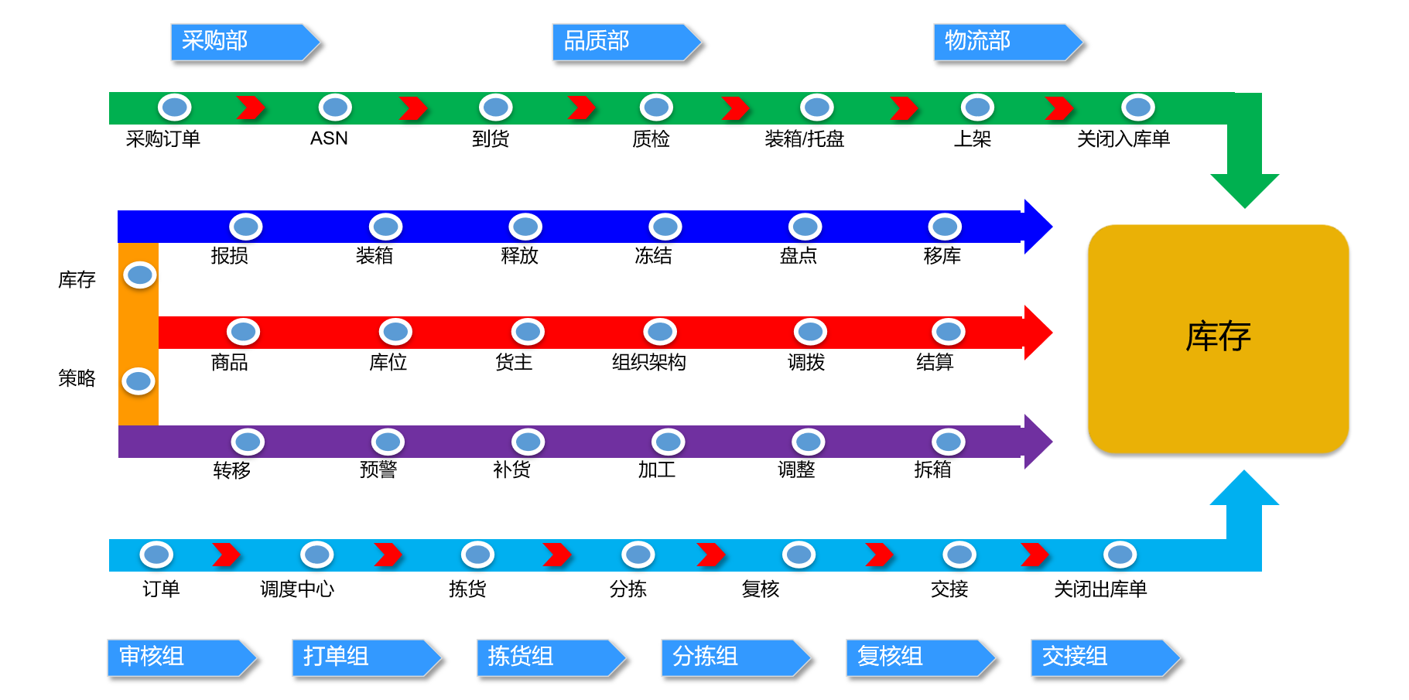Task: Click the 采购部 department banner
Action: pos(244,42)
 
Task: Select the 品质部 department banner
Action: pos(625,42)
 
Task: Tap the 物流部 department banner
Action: pos(1007,42)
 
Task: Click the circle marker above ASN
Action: pos(335,107)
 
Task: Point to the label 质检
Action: pos(651,139)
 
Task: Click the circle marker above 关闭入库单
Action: pos(1137,107)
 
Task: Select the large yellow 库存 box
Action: pos(1218,338)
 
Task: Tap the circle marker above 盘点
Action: pos(805,227)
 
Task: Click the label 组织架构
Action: pos(648,362)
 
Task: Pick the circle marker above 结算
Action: pos(948,332)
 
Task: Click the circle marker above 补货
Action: pos(528,442)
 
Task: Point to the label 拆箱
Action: pos(932,470)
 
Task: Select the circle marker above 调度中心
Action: pos(316,555)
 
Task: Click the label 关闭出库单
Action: pos(1099,589)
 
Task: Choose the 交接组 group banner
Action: pos(1104,657)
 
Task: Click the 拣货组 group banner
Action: pos(550,657)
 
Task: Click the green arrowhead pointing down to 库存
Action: pos(1244,189)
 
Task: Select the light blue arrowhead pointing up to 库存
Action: pos(1244,490)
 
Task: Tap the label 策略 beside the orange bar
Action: pos(77,378)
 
